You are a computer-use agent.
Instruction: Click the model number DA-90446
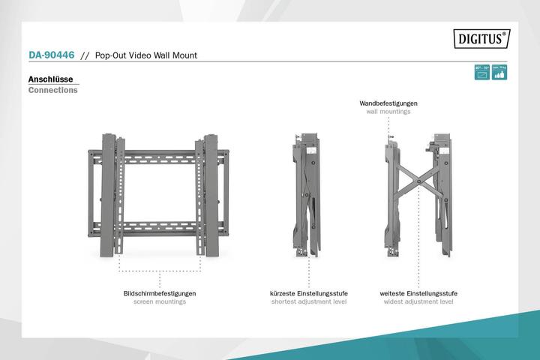tap(50, 55)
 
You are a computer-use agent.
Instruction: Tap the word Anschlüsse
tap(49, 79)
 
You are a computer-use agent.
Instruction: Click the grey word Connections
tap(52, 90)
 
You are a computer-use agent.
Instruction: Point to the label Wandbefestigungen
tap(388, 103)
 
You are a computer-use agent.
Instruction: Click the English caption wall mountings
tap(388, 112)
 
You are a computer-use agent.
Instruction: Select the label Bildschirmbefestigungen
tap(159, 293)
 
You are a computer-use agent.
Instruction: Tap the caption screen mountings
tap(159, 301)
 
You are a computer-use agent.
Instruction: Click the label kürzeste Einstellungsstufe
tap(308, 293)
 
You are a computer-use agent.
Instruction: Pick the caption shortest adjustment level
tap(308, 301)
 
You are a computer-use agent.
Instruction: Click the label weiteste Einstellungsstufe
tap(418, 293)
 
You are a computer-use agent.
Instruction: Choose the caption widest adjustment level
tap(418, 301)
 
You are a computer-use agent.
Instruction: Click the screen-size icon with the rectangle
tap(482, 73)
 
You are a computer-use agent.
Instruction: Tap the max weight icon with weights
tap(499, 73)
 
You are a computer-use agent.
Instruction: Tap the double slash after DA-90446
tap(85, 55)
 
